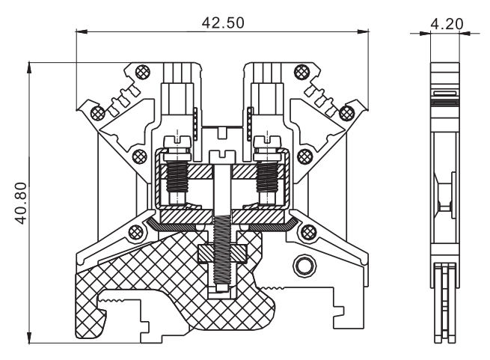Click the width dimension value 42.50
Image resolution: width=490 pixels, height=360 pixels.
[223, 22]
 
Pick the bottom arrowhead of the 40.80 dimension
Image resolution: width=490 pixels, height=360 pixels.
[29, 336]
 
